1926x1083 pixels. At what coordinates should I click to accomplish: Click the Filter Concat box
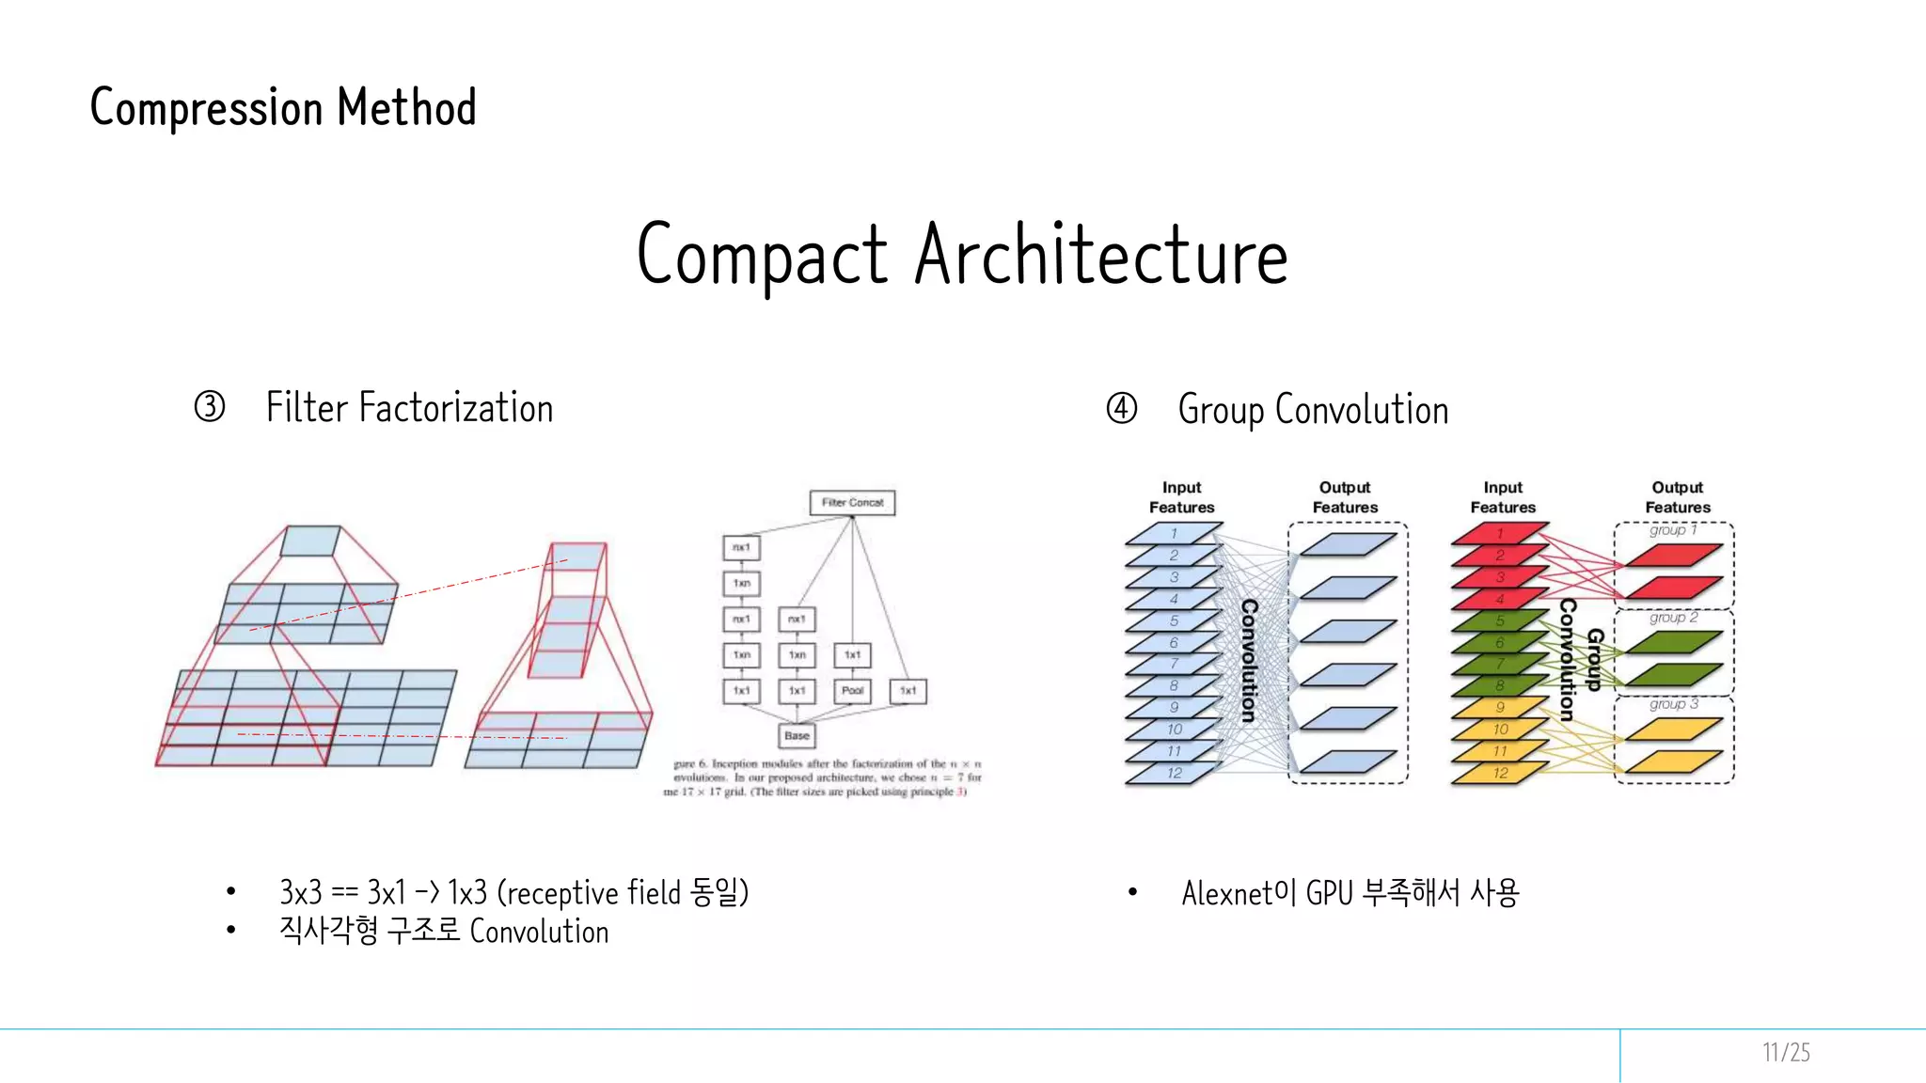tap(852, 502)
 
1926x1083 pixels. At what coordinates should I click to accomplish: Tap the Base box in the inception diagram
tap(797, 735)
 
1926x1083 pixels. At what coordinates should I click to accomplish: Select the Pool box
tap(852, 690)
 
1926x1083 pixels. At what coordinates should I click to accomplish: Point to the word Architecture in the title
tap(1100, 256)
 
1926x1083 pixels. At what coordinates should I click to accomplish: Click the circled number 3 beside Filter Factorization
tap(210, 407)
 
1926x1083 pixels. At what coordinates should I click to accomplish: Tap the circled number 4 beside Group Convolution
tap(1121, 409)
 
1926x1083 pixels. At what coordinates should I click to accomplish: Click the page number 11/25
tap(1785, 1052)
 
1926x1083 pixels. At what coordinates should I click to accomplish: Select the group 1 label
tap(1673, 530)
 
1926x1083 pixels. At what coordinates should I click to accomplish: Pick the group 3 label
tap(1673, 704)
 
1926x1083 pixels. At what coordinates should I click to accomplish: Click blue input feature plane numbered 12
tap(1174, 773)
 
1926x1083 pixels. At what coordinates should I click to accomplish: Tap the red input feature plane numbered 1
tap(1500, 534)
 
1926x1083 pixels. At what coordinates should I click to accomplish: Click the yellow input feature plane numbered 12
tap(1500, 773)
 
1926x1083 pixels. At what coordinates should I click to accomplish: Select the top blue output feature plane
tap(1348, 544)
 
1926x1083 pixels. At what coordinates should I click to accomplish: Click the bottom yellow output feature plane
tap(1673, 761)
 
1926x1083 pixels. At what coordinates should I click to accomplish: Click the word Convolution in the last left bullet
tap(539, 932)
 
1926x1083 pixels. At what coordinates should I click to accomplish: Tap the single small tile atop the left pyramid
tap(310, 541)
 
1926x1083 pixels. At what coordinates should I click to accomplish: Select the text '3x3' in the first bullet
tap(300, 892)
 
